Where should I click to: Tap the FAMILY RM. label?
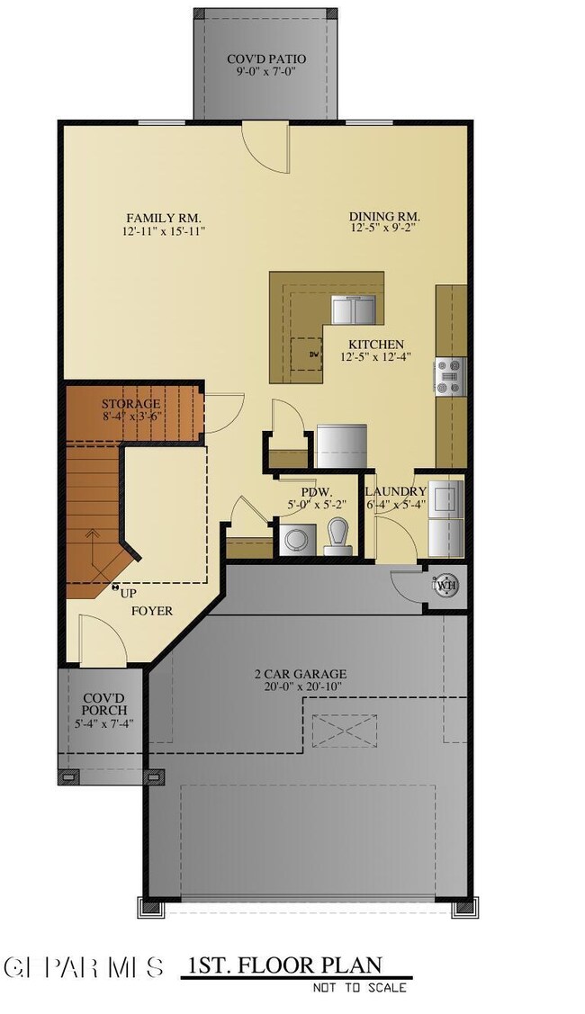pos(163,219)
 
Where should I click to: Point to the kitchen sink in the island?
pos(355,310)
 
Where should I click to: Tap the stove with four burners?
pos(449,376)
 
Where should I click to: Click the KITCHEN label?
pos(376,345)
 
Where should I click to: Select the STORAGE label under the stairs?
pos(130,404)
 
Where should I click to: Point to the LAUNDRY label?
pos(395,491)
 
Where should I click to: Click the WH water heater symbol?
pos(445,586)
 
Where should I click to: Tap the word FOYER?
pos(151,611)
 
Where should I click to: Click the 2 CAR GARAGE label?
pos(300,674)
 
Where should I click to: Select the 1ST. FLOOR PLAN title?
pos(283,966)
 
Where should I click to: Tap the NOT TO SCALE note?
pos(360,988)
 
